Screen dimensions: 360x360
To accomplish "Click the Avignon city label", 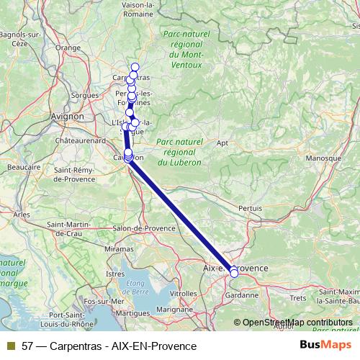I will click(x=68, y=115).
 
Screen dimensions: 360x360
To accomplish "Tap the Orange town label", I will click(x=69, y=48).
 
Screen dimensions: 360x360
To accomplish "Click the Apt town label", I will click(x=222, y=143).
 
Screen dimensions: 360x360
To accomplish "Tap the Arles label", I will click(x=21, y=215).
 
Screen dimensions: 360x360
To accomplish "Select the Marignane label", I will click(x=174, y=308).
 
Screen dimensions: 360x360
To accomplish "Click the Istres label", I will click(x=115, y=274).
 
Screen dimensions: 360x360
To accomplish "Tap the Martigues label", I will click(x=131, y=313).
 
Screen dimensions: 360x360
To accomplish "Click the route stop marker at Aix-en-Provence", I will click(x=233, y=273).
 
